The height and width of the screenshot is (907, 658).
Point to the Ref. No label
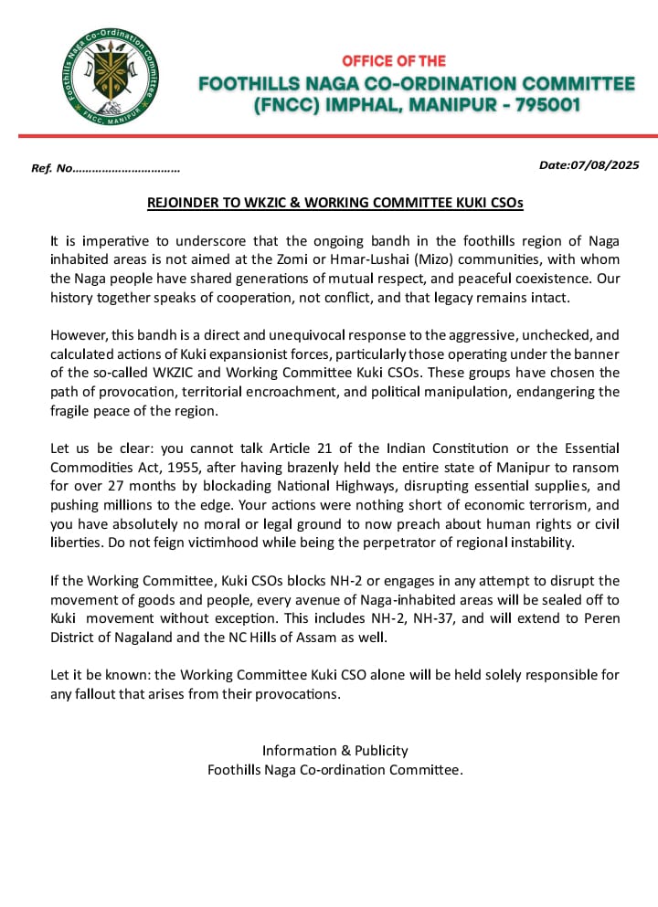(x=51, y=169)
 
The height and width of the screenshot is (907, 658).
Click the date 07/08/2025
(x=605, y=165)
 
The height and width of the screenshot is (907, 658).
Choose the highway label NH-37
(x=362, y=618)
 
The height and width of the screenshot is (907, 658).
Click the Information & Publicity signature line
(x=334, y=751)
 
